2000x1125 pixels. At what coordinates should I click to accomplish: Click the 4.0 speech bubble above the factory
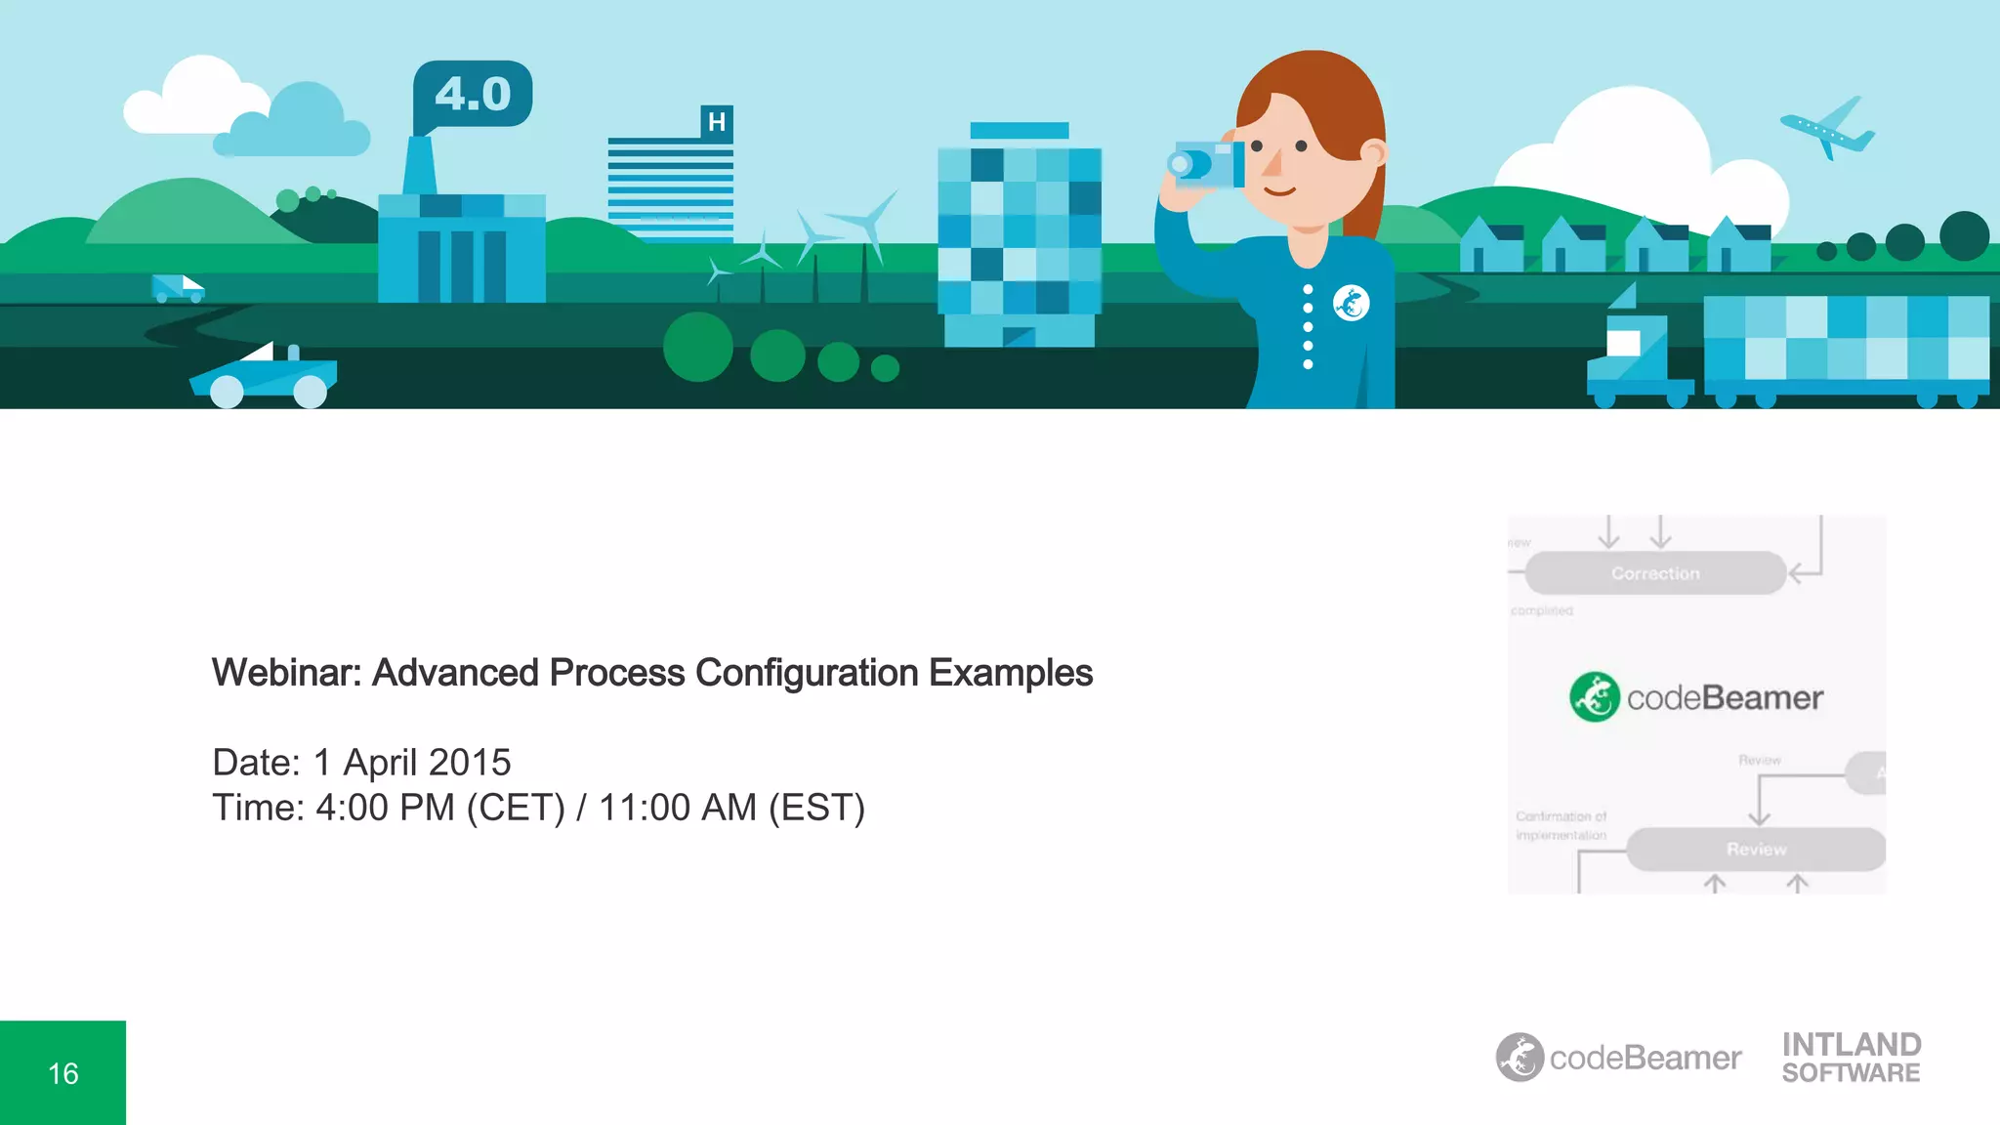click(473, 95)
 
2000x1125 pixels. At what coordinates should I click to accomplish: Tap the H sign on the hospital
click(717, 123)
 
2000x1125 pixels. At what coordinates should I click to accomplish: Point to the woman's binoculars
click(1207, 164)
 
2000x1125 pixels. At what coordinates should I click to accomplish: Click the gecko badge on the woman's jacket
click(1351, 303)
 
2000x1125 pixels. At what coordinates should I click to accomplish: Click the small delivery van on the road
click(177, 288)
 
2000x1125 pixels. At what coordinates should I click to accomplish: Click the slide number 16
click(63, 1074)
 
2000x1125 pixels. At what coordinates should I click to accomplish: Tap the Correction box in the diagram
click(1655, 573)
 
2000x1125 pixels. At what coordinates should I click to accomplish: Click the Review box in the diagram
click(1756, 850)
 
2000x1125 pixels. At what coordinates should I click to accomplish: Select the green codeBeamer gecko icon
click(1594, 697)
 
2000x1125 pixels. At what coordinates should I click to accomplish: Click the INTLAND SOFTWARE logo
click(1851, 1058)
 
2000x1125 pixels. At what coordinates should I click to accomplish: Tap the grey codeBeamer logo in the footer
click(1618, 1058)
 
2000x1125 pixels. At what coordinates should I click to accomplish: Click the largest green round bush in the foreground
click(698, 347)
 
